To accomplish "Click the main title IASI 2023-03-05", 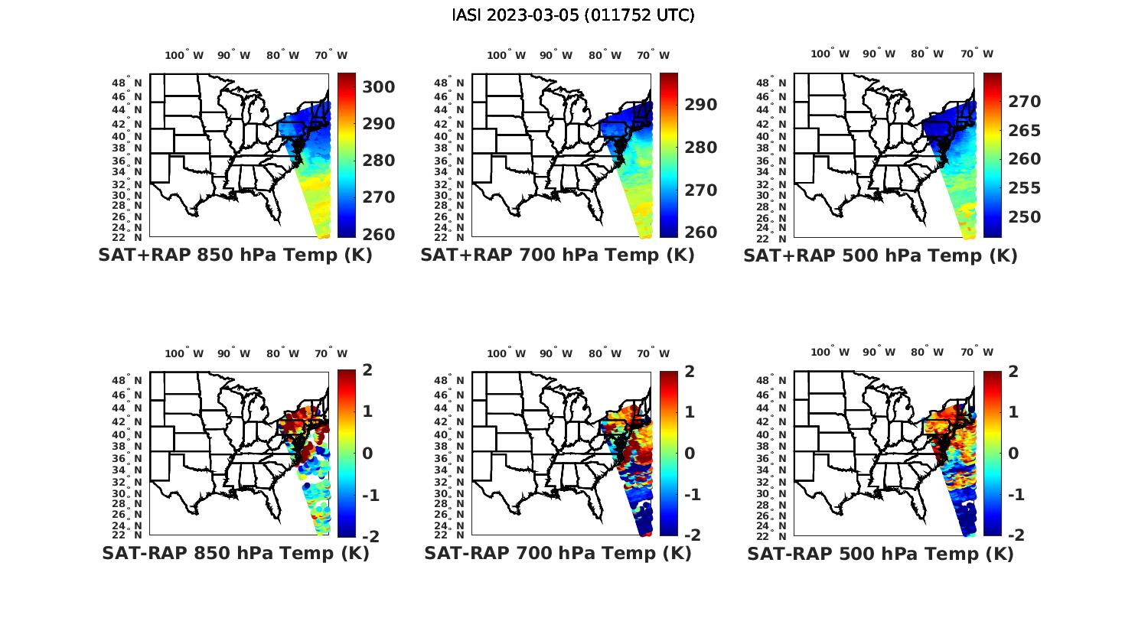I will point(573,15).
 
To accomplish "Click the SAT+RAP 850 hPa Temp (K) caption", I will point(235,255).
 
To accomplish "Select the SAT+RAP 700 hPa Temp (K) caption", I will point(557,255).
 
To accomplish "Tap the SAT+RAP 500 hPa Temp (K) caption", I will point(880,256).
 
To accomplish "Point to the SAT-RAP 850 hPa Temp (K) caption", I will point(235,553).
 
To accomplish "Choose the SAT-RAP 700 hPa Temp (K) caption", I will point(557,553).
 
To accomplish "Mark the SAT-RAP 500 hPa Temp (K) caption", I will point(880,554).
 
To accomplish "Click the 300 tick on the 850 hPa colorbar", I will point(378,87).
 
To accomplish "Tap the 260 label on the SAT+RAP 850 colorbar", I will point(378,234).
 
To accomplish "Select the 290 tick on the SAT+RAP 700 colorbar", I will point(700,105).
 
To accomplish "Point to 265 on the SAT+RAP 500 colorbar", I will point(1023,131).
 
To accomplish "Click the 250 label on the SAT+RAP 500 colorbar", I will point(1023,217).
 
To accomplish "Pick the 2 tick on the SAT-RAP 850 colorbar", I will point(367,370).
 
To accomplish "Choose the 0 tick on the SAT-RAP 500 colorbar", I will point(1013,453).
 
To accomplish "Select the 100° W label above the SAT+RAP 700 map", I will point(506,55).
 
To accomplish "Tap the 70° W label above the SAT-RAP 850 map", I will point(331,353).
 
